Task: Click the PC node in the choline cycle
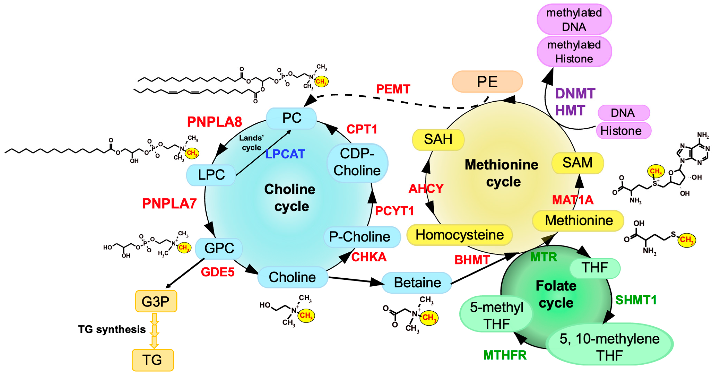[x=291, y=118]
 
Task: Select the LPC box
[x=211, y=175]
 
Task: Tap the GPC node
[x=219, y=248]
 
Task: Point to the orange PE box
[x=487, y=81]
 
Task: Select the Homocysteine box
[x=459, y=235]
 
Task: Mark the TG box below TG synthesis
[x=153, y=360]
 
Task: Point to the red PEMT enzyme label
[x=393, y=89]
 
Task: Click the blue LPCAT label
[x=285, y=154]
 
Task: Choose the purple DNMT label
[x=575, y=94]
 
